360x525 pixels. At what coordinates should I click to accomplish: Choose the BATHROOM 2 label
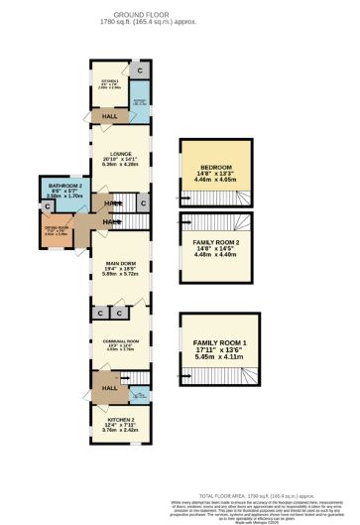click(63, 190)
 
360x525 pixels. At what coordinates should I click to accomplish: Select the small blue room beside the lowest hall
click(140, 394)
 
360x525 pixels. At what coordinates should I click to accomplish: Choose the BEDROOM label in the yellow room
click(216, 167)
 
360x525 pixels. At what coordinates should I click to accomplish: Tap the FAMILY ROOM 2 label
click(216, 241)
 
